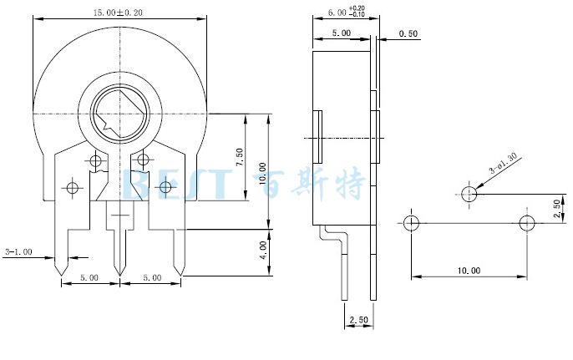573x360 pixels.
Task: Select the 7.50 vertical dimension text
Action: [240, 157]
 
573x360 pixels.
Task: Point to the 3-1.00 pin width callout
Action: [18, 251]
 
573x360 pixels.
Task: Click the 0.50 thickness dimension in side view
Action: [408, 33]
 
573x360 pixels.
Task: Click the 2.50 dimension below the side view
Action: [358, 320]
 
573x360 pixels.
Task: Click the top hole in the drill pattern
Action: [469, 195]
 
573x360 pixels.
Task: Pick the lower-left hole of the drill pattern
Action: [410, 224]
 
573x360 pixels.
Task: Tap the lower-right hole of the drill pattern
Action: [526, 224]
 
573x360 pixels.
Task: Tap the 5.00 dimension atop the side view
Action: [341, 33]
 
